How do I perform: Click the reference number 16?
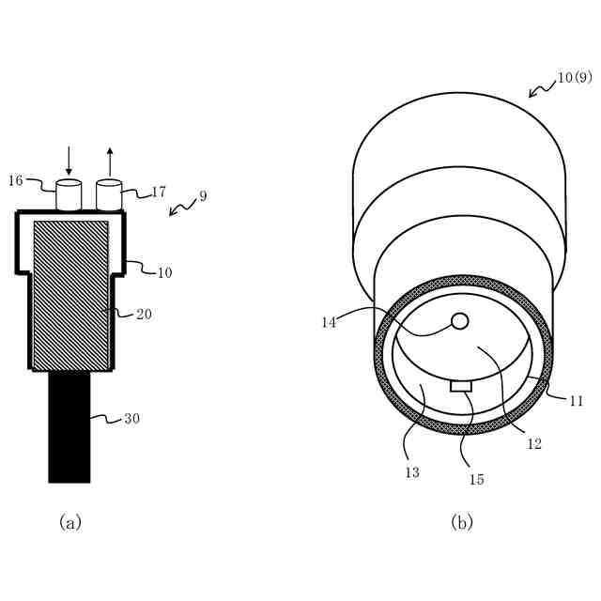tap(16, 179)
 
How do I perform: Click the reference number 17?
tap(158, 192)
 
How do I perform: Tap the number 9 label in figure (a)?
tap(203, 196)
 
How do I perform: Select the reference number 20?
tap(144, 314)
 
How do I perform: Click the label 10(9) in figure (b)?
tap(574, 78)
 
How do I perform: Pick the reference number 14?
tap(328, 321)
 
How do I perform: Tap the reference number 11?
tap(577, 401)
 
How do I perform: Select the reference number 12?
tap(533, 444)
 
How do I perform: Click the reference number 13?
tap(412, 472)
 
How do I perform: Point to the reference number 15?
tap(476, 479)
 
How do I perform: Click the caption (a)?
tap(70, 522)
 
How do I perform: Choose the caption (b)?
tap(461, 522)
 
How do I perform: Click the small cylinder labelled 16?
tap(69, 194)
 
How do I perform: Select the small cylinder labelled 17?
tap(110, 194)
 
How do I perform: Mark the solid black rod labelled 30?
tap(69, 426)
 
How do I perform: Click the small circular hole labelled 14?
tap(459, 321)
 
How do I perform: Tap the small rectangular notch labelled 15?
tap(461, 386)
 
